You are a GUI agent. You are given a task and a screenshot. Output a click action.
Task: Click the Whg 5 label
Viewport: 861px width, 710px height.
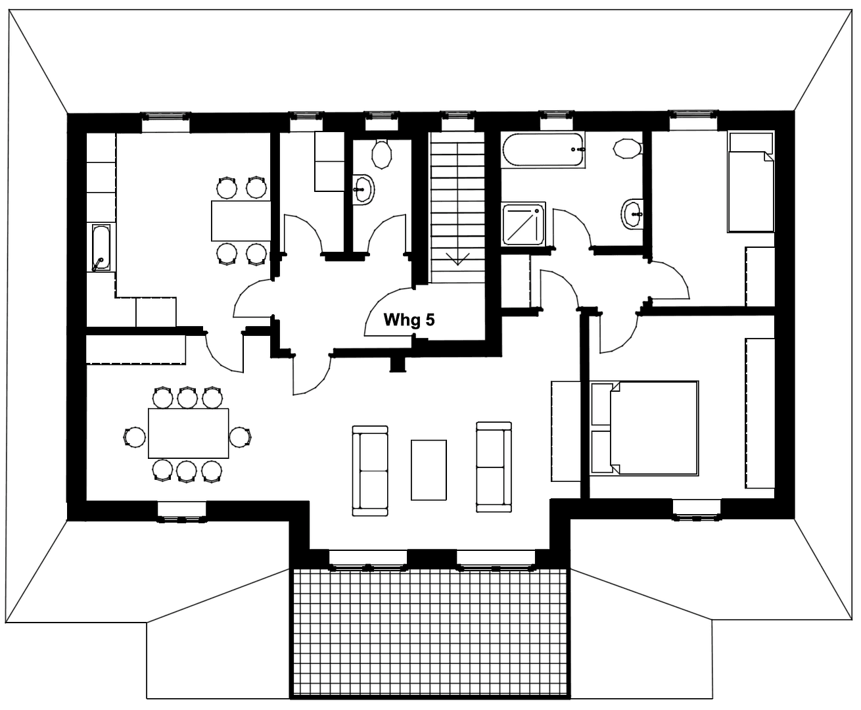click(409, 320)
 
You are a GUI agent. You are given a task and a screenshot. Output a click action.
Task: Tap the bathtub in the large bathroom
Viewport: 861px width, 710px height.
click(544, 150)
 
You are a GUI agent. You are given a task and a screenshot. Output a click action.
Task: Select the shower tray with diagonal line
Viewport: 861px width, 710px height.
click(523, 224)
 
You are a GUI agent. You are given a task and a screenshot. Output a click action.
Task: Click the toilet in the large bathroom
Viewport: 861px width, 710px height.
click(627, 149)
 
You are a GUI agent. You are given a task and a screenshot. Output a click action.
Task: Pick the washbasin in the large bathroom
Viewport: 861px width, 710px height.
click(633, 213)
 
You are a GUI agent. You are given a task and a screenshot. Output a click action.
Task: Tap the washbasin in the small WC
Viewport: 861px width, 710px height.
click(362, 189)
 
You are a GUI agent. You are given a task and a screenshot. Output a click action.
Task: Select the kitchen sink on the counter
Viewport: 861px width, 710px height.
click(101, 248)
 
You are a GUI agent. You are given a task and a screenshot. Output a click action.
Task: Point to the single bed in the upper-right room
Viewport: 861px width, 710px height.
click(750, 181)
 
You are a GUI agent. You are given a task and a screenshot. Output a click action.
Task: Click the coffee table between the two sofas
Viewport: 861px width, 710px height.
click(429, 469)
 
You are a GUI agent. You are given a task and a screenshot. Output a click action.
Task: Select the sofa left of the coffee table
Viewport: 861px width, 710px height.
click(370, 469)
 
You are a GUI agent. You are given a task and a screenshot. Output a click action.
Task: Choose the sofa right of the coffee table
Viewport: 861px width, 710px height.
click(494, 466)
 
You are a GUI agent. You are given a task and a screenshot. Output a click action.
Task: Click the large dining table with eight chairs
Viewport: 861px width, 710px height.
click(189, 433)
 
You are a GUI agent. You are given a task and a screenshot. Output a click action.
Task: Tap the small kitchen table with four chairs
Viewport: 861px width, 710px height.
click(240, 221)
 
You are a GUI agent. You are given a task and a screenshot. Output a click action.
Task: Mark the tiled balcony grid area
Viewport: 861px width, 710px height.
click(429, 631)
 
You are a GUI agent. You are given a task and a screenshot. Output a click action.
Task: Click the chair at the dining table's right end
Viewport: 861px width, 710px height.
click(241, 436)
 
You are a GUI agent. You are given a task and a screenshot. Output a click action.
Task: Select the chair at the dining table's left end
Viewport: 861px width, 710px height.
click(134, 436)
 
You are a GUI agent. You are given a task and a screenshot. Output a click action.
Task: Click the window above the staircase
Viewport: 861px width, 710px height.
click(458, 117)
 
